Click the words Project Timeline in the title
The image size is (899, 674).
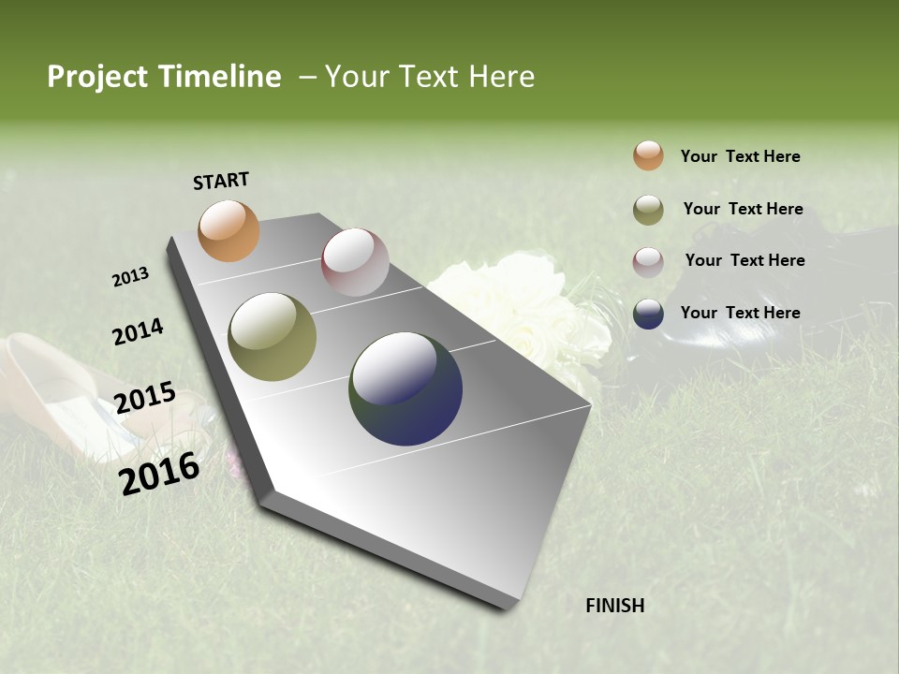pos(164,77)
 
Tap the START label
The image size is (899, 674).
pos(221,181)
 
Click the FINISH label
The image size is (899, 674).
pos(615,606)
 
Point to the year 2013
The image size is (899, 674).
pos(130,277)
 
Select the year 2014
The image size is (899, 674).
pos(138,332)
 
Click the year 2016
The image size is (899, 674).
pos(159,473)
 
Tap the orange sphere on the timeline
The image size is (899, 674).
pos(228,230)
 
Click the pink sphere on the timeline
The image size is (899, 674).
pos(355,262)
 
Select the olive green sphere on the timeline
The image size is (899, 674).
pos(273,337)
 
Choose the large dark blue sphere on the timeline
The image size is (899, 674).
pos(405,388)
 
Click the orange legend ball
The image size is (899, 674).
pos(648,155)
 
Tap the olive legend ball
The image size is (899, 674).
pos(648,210)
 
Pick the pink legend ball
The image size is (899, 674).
pos(648,261)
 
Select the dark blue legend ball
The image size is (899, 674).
pos(648,314)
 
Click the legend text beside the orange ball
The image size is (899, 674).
pos(740,156)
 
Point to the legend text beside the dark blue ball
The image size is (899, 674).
pos(740,313)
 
